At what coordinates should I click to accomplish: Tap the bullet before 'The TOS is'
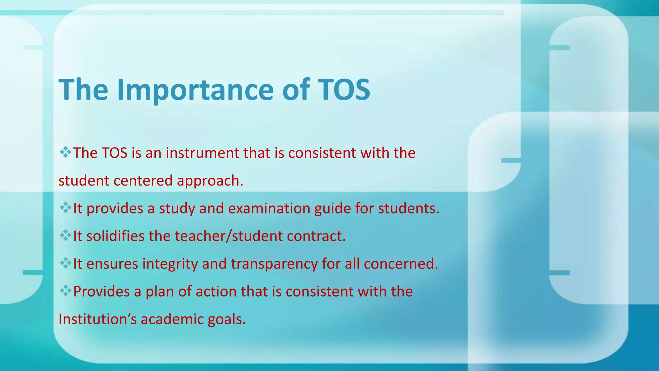(x=65, y=152)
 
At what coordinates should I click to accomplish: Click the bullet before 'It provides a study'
(x=65, y=208)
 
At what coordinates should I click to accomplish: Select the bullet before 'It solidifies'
(x=65, y=235)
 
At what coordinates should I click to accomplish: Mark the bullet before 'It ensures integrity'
(x=65, y=263)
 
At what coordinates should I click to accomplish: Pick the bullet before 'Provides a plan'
(x=65, y=291)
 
